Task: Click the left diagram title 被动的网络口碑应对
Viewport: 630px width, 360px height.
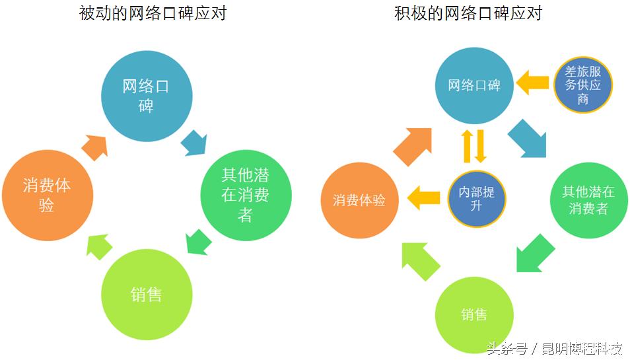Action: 153,13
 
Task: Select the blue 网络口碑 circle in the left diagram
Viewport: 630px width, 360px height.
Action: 146,96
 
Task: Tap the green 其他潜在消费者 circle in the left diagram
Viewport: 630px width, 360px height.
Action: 246,194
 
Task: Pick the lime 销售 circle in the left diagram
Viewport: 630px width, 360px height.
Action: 146,294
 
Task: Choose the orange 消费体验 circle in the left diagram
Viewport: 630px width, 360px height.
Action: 47,195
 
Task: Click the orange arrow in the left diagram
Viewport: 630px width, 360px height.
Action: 95,146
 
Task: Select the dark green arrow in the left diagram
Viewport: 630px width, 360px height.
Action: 197,241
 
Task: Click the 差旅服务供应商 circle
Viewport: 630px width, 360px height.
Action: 582,85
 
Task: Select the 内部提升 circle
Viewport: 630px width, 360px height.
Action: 477,198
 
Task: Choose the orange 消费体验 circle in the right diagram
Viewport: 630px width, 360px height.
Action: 359,200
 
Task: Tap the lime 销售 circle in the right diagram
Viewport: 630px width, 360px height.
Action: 474,314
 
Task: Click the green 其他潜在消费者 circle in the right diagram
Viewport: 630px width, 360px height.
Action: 588,199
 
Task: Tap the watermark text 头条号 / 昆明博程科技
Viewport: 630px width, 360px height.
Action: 555,348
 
